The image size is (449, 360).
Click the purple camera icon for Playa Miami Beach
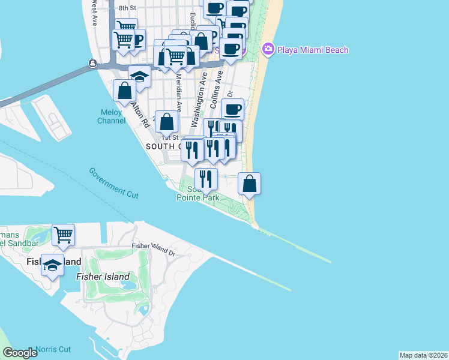click(268, 49)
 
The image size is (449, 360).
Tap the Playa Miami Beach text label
click(312, 50)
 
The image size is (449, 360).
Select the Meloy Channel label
click(112, 116)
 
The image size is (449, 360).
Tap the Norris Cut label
click(53, 349)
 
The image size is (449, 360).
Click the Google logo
click(20, 353)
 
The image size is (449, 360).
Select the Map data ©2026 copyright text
click(423, 355)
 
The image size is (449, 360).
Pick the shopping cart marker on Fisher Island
click(63, 235)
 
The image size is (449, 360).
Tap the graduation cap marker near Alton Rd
click(139, 77)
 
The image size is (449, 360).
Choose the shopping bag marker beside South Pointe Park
click(250, 183)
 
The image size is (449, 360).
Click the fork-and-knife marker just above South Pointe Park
click(206, 178)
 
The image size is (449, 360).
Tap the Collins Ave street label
click(216, 89)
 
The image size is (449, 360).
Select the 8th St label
click(128, 8)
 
